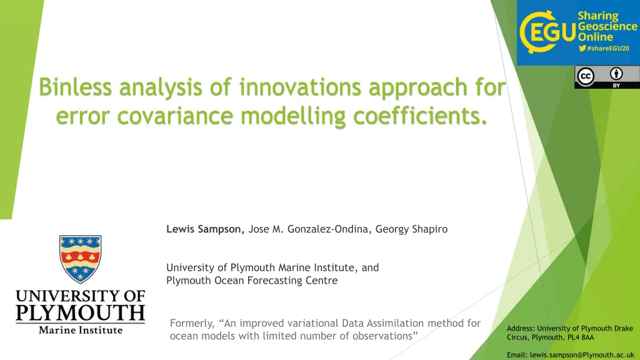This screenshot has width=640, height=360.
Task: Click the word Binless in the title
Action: point(75,87)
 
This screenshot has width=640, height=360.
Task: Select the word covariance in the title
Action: point(176,116)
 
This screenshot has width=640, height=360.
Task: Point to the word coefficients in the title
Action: point(421,115)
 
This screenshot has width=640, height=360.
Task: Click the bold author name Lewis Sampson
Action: point(205,229)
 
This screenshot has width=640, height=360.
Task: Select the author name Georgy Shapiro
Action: point(411,229)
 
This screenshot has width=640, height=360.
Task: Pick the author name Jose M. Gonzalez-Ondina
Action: point(309,229)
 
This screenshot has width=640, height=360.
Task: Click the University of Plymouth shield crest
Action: point(81,259)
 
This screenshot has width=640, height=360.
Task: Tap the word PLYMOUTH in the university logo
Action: point(81,312)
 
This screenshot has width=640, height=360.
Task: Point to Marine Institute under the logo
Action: point(81,330)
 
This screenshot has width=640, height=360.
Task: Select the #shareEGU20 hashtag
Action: point(608,48)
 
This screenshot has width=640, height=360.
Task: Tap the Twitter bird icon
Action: point(582,48)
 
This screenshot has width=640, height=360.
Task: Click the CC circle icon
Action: point(586,76)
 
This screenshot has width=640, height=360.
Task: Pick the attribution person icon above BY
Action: point(616,74)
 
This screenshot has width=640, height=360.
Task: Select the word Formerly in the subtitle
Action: point(192,323)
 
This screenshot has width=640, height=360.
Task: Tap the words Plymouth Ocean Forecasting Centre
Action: point(252,281)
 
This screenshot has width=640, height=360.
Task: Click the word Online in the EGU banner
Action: point(596,37)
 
